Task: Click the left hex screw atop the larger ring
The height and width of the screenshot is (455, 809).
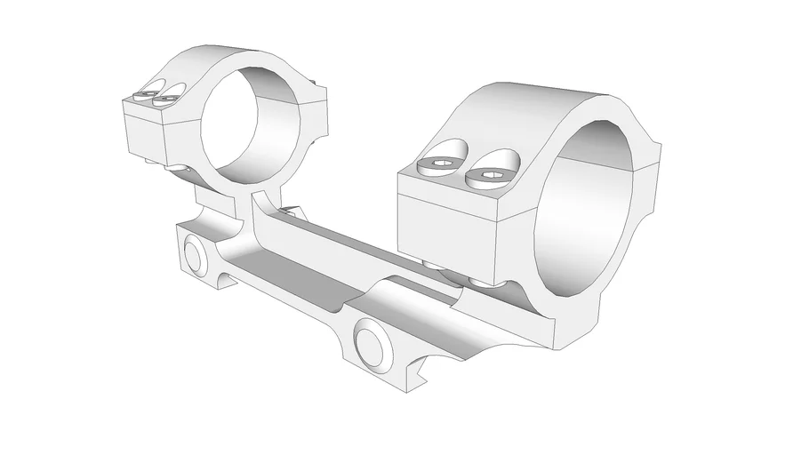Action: coord(440,165)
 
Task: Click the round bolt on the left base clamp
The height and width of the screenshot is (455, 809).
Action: coord(192,255)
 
